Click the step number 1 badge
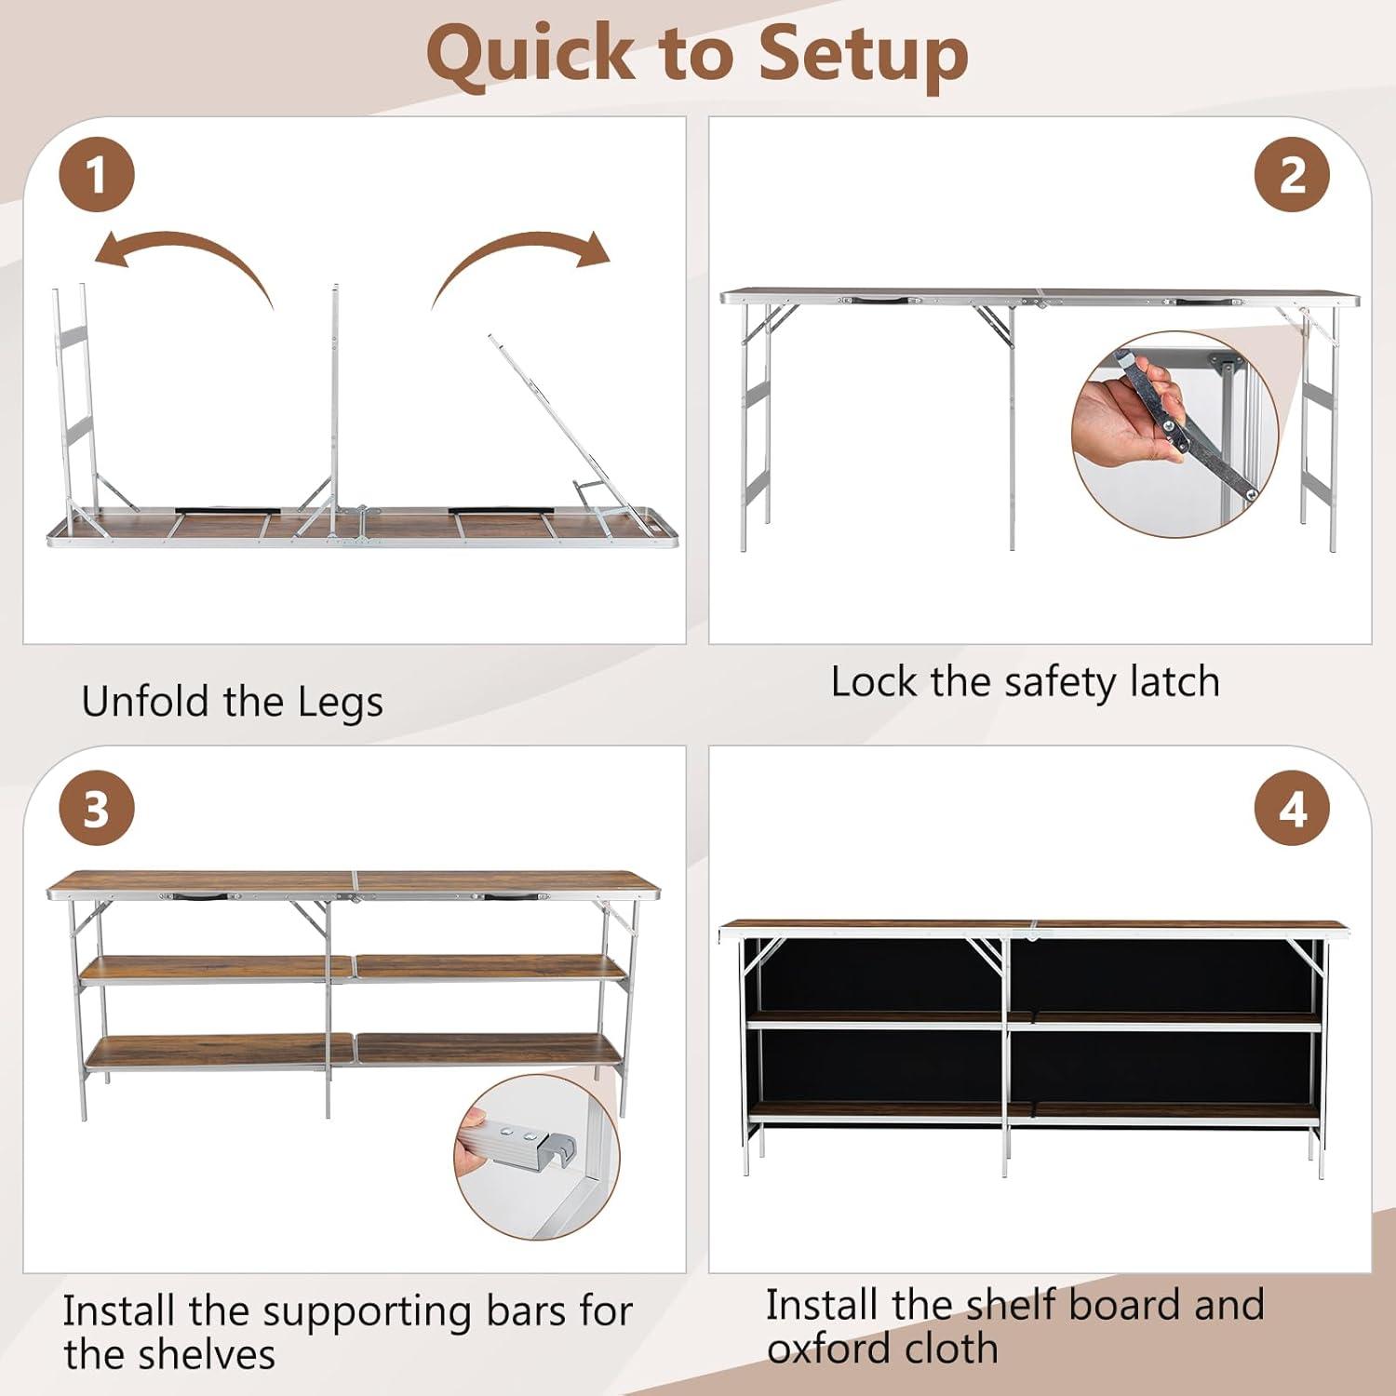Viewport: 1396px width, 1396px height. tap(97, 175)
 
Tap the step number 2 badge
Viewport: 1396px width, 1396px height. tap(1293, 175)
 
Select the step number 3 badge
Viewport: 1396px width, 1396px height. tap(97, 809)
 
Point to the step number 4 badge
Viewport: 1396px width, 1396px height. tap(1293, 809)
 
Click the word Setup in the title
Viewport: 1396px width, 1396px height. tap(864, 56)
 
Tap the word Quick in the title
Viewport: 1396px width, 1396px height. tap(530, 56)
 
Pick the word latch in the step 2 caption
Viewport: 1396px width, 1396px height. tap(1175, 682)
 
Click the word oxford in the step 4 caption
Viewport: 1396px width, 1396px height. tap(837, 1349)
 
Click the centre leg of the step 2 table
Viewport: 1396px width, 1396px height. tap(1012, 428)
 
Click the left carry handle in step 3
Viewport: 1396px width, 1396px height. tap(199, 897)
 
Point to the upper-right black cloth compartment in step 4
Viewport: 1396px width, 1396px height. tap(1166, 974)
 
